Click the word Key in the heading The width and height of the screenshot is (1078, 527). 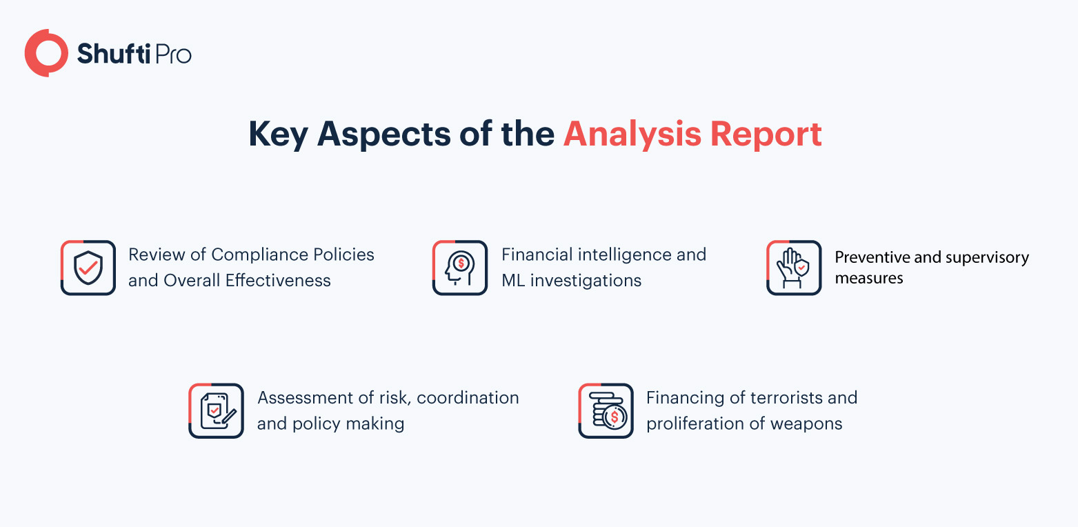(x=278, y=135)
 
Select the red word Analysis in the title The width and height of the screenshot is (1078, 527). (x=632, y=135)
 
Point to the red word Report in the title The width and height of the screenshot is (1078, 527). (x=766, y=135)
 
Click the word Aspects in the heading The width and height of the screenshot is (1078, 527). (x=384, y=135)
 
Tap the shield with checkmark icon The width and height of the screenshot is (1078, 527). (x=88, y=268)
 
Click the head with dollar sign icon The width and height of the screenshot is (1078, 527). (x=459, y=268)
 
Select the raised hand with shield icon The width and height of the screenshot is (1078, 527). (x=794, y=268)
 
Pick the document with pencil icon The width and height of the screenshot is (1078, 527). (x=216, y=410)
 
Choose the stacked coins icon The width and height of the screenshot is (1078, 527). (x=606, y=410)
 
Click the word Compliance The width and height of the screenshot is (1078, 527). (x=260, y=255)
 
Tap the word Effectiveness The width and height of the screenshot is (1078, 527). (x=278, y=281)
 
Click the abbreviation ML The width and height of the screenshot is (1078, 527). (x=513, y=281)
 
